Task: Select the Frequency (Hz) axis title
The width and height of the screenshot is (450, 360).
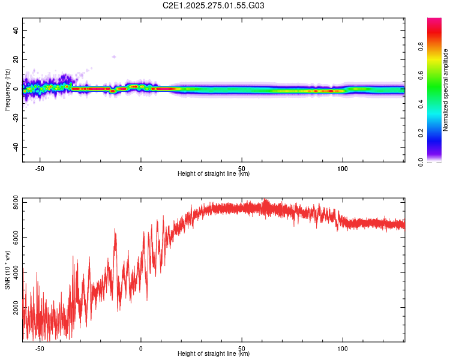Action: pyautogui.click(x=7, y=90)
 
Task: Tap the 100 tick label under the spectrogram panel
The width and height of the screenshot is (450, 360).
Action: pyautogui.click(x=343, y=169)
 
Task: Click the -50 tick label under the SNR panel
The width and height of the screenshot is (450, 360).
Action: pyautogui.click(x=40, y=349)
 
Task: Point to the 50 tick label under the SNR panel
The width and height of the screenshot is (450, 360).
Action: pyautogui.click(x=242, y=349)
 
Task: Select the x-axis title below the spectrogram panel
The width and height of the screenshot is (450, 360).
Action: pyautogui.click(x=214, y=174)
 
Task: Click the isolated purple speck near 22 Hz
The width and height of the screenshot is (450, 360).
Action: pyautogui.click(x=113, y=57)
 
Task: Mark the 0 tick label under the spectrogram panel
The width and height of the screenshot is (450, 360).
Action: pyautogui.click(x=141, y=169)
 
